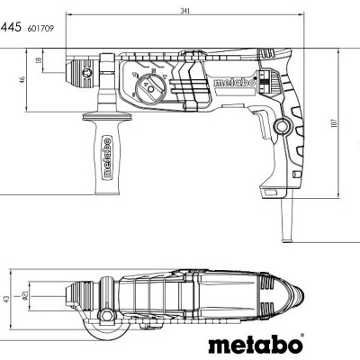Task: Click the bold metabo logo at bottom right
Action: coord(256,345)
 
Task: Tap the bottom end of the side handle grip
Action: coord(105,188)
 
